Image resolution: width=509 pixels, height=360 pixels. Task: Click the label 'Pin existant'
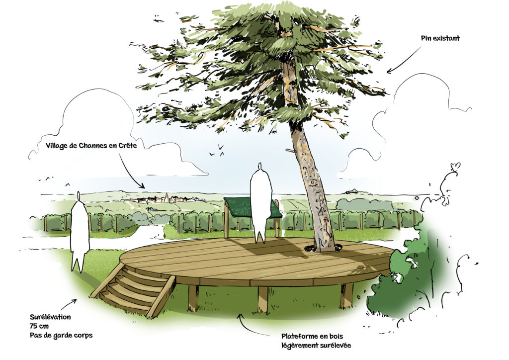(x=440, y=38)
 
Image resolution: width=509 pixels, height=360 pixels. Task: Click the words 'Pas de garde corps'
(x=61, y=335)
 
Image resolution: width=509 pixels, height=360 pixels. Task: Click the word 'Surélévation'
(x=50, y=317)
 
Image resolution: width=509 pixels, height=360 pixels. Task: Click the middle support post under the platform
(x=263, y=299)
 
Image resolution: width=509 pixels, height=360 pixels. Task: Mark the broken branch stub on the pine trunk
(x=290, y=150)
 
